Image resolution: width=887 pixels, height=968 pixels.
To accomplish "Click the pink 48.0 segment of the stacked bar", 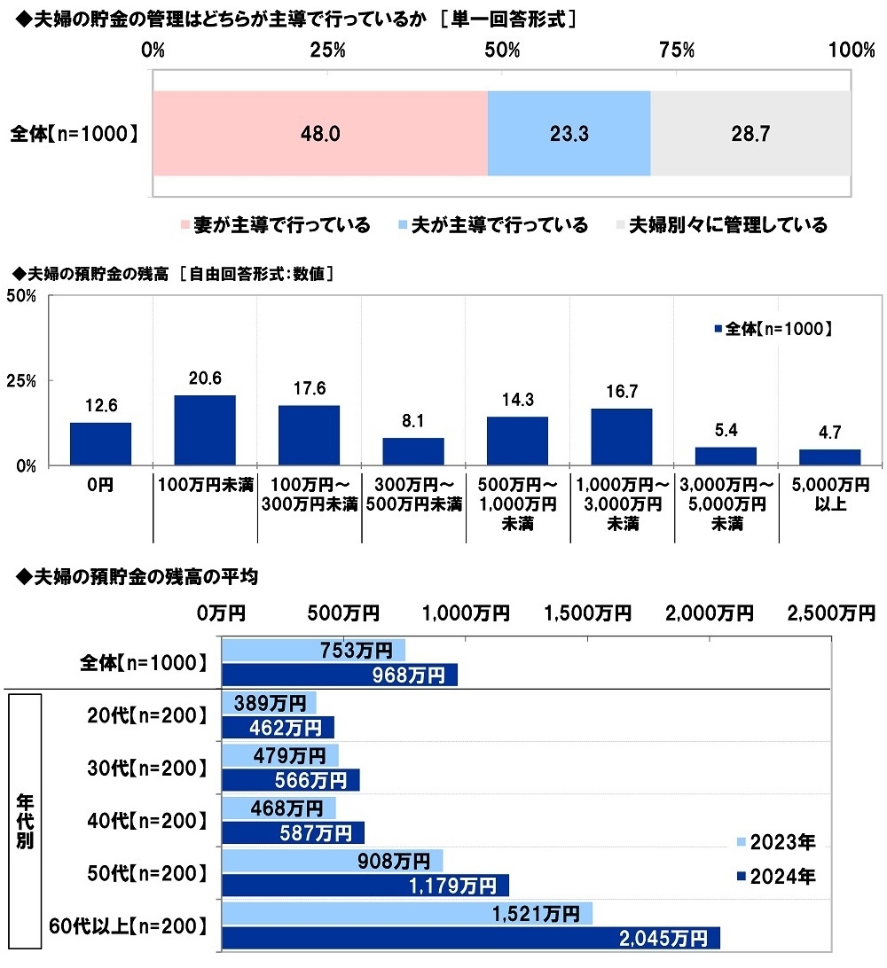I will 319,133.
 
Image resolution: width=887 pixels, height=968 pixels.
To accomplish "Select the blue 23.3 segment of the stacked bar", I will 569,133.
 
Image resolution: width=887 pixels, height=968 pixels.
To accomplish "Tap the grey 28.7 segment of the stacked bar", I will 750,133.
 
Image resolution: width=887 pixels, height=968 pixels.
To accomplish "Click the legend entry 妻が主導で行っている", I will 276,225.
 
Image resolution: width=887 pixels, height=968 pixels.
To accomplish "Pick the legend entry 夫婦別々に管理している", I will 721,225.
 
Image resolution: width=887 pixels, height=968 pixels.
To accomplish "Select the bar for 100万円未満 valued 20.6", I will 205,430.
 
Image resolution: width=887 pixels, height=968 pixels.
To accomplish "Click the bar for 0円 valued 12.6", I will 100,443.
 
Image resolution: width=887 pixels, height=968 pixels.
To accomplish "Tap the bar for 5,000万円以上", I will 829,457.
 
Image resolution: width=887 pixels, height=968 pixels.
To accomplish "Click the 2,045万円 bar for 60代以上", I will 470,938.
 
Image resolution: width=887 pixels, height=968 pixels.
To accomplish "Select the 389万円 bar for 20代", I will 268,703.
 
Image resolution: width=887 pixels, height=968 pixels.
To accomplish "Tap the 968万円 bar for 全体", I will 339,675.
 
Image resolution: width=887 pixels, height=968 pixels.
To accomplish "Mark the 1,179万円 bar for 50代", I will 365,885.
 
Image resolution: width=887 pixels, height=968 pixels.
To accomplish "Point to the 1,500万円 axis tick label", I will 589,613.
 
